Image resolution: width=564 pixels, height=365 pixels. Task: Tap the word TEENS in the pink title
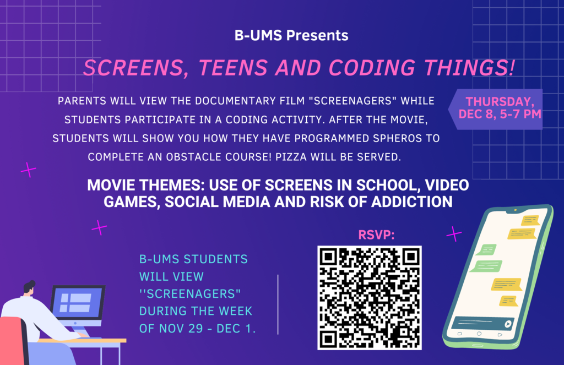[x=233, y=68]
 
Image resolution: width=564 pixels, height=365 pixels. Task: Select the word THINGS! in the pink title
[x=469, y=68]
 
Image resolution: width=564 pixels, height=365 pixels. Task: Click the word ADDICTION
[x=412, y=201]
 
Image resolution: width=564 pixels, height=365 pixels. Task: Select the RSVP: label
[x=376, y=235]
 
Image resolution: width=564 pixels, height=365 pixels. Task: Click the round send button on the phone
[x=507, y=324]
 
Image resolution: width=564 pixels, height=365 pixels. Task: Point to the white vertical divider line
[x=278, y=304]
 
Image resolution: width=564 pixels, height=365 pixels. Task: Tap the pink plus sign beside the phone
[x=454, y=234]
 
